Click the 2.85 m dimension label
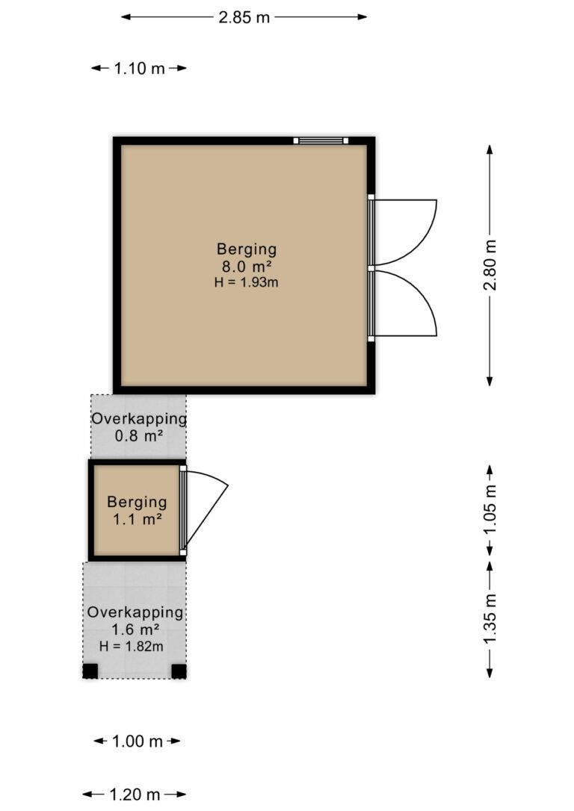point(244,18)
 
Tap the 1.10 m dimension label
point(139,68)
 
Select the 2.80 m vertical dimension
point(490,265)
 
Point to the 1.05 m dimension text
point(490,510)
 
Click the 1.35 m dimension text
point(490,620)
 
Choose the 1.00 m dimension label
point(138,741)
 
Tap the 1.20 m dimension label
point(135,795)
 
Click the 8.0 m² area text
point(247,267)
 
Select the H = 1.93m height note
point(247,282)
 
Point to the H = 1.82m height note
point(132,646)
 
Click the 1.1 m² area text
point(138,519)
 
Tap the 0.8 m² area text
point(139,435)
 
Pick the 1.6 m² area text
point(135,630)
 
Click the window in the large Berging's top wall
point(321,140)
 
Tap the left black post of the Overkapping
point(90,671)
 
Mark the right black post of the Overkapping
point(179,671)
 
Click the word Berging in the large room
point(247,249)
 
